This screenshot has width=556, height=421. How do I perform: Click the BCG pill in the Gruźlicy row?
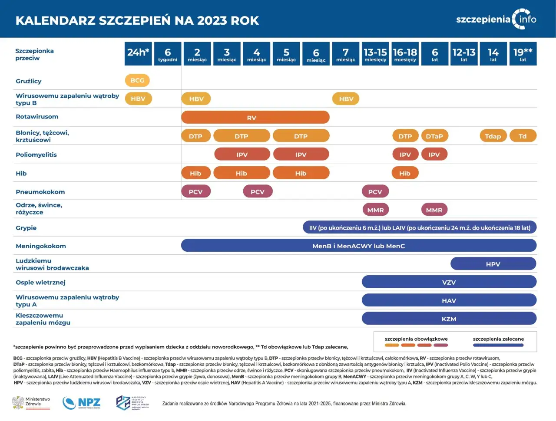[x=137, y=80]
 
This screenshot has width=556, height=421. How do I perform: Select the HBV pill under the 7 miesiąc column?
[x=346, y=99]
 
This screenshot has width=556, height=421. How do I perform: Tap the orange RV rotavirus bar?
[x=255, y=118]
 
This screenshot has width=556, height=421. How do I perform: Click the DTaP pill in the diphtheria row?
[x=434, y=136]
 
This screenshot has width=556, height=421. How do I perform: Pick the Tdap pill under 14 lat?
[x=493, y=136]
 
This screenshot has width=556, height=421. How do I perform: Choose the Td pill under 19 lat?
[x=523, y=136]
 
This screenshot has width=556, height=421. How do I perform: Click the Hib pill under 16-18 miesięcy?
[x=405, y=173]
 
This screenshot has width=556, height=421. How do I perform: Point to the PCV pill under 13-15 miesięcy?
[x=375, y=191]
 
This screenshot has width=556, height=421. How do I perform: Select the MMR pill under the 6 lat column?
[x=434, y=210]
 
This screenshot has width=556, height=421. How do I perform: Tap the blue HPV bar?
[x=493, y=264]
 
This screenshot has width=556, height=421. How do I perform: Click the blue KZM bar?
[x=449, y=319]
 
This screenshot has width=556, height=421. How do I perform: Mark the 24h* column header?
[x=138, y=54]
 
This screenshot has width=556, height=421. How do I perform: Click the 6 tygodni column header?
[x=168, y=54]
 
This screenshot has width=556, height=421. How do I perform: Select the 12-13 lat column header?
[x=464, y=54]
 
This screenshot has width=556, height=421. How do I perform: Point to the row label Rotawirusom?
[x=37, y=117]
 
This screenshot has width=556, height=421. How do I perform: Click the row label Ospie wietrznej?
[x=40, y=283]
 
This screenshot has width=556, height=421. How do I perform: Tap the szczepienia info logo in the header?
[x=496, y=19]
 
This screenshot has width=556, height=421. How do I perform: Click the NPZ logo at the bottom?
[x=82, y=403]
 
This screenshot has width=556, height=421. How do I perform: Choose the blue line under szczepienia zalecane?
[x=498, y=345]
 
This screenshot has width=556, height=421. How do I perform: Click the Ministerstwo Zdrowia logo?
[x=31, y=403]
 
